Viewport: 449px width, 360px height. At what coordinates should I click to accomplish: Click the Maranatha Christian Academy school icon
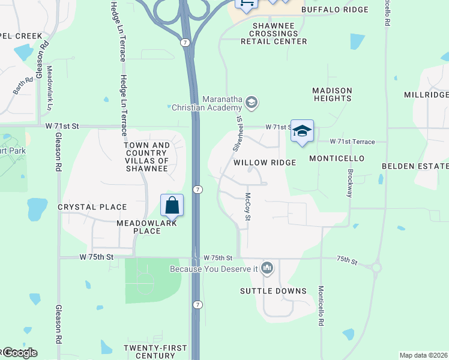click(x=252, y=102)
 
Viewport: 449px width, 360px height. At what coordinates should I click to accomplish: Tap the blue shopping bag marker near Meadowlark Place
click(x=172, y=206)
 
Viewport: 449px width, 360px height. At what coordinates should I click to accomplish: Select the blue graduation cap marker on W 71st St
click(x=302, y=131)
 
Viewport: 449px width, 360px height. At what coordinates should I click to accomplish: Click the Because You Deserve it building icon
click(x=268, y=268)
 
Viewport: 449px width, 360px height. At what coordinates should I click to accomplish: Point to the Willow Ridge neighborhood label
click(x=264, y=163)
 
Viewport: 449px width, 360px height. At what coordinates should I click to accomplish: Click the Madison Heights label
click(x=332, y=94)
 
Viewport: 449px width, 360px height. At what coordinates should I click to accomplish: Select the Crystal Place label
click(x=92, y=207)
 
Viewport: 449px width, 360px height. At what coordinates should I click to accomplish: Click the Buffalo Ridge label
click(x=334, y=10)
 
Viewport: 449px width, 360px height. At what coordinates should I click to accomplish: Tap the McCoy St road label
click(x=247, y=202)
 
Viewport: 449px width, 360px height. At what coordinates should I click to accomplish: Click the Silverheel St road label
click(x=237, y=133)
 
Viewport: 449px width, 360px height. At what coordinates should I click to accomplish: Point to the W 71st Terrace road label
click(x=352, y=142)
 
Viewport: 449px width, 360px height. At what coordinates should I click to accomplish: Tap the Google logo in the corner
click(x=19, y=353)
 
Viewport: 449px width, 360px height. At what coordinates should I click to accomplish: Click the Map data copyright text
click(x=423, y=355)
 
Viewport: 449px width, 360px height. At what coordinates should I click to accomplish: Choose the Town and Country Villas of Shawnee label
click(x=146, y=157)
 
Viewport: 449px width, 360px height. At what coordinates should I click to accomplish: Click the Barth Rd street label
click(x=22, y=84)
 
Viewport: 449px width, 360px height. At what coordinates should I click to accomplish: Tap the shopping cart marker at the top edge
click(x=247, y=3)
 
